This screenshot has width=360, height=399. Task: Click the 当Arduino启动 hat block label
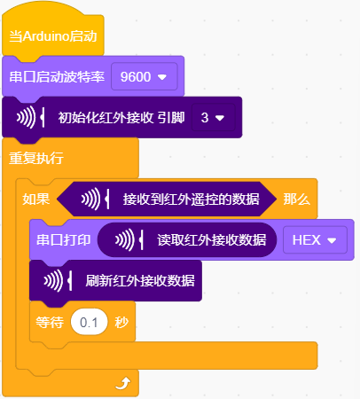click(53, 36)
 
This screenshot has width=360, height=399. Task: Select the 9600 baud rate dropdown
click(145, 77)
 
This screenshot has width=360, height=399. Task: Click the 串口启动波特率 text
click(57, 77)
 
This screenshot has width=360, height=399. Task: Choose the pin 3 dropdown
click(213, 118)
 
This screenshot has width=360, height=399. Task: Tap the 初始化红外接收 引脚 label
click(121, 118)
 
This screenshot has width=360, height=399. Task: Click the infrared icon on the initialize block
click(30, 118)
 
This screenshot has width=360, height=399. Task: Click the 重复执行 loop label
click(36, 158)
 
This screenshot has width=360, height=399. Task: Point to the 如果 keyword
click(36, 199)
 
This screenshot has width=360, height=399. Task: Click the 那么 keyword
click(297, 199)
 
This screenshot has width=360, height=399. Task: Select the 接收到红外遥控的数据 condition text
click(192, 199)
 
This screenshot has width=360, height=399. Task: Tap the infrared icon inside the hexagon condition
click(96, 199)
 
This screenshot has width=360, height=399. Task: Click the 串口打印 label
click(64, 239)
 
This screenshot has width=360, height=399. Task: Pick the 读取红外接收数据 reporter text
click(212, 239)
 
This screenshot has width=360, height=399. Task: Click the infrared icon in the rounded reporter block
click(129, 239)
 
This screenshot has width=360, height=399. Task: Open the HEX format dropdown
click(315, 239)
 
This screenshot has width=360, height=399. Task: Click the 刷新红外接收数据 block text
click(140, 280)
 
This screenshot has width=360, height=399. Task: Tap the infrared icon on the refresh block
click(58, 280)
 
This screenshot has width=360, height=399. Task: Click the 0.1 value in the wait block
click(89, 322)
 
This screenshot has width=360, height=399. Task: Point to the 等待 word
click(50, 322)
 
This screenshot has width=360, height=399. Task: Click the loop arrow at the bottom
click(123, 383)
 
